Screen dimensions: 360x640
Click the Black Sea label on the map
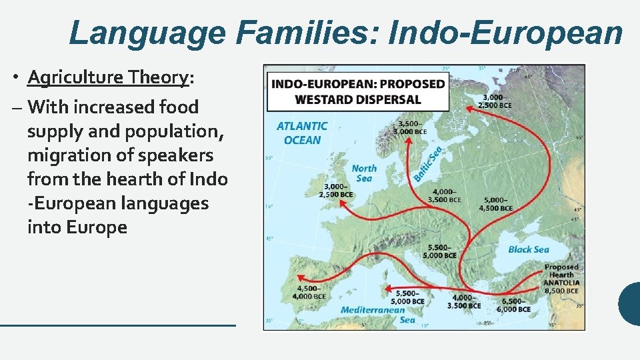point(529,249)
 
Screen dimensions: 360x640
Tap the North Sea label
point(364,173)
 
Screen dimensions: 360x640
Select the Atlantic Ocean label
point(302,133)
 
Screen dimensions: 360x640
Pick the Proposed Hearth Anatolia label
point(561,279)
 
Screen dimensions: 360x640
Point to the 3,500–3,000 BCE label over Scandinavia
point(412,127)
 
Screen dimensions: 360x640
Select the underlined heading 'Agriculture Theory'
point(108,78)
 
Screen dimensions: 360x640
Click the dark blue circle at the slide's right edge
point(631,303)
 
